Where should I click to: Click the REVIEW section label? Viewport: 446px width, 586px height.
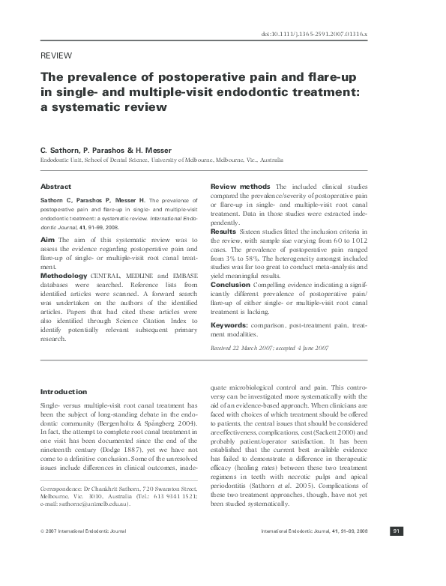(x=55, y=56)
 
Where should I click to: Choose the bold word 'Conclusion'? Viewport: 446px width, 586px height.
(x=229, y=286)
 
